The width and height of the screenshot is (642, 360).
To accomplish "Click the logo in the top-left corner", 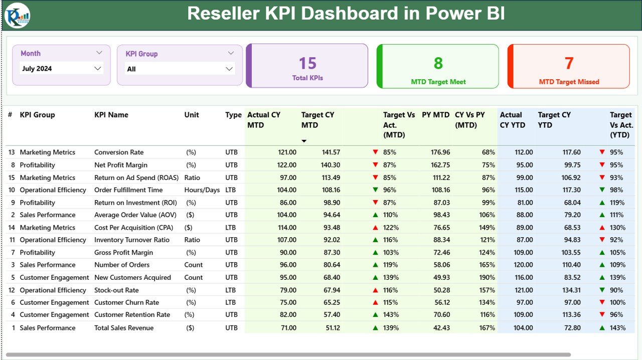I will pyautogui.click(x=18, y=15).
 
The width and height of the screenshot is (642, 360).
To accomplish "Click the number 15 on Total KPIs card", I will pyautogui.click(x=307, y=63).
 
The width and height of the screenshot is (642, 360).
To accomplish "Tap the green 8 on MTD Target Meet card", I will pyautogui.click(x=438, y=63).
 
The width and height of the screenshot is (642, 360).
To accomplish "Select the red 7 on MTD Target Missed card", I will pyautogui.click(x=569, y=63).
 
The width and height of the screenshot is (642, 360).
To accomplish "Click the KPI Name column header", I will pyautogui.click(x=111, y=115).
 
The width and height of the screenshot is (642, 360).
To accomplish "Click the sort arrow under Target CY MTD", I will pyautogui.click(x=304, y=141).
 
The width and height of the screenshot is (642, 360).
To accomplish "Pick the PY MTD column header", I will pyautogui.click(x=435, y=115).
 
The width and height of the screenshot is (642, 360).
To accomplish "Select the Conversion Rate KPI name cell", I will pyautogui.click(x=118, y=152).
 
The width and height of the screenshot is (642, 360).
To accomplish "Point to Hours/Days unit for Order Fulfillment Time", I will pyautogui.click(x=202, y=190).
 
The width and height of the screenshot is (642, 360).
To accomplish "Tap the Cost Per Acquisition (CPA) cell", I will pyautogui.click(x=132, y=228).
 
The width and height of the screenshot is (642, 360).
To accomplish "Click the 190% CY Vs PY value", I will pyautogui.click(x=487, y=277).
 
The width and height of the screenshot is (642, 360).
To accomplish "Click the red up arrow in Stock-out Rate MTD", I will pyautogui.click(x=375, y=290).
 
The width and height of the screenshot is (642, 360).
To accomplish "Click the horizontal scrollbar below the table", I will pyautogui.click(x=288, y=354).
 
